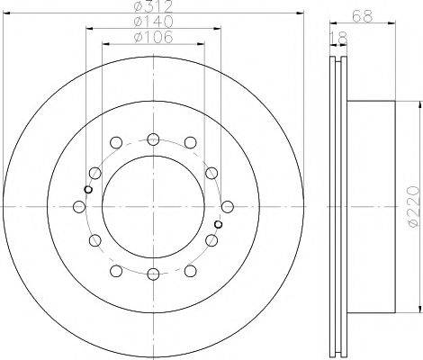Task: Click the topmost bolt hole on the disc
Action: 153,139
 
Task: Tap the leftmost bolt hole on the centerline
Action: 79,207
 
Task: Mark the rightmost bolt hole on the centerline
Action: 228,207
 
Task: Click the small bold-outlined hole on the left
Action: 87,189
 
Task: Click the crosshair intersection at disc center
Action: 153,207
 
